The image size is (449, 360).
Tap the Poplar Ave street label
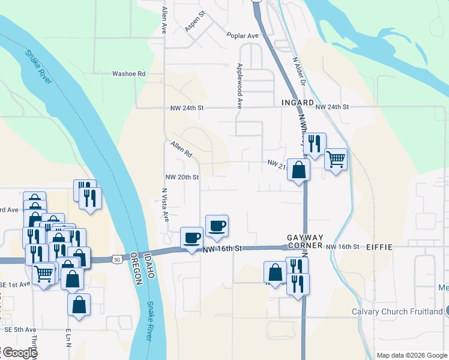[242, 36]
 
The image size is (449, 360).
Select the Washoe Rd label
[129, 74]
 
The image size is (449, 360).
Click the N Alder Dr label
[299, 71]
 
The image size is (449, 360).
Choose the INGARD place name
[298, 103]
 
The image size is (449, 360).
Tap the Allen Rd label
[181, 149]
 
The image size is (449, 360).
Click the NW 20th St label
[182, 177]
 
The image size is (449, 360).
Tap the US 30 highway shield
[116, 259]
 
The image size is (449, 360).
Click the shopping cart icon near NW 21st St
[336, 160]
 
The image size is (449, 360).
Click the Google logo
[19, 353]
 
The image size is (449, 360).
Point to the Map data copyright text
[411, 355]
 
